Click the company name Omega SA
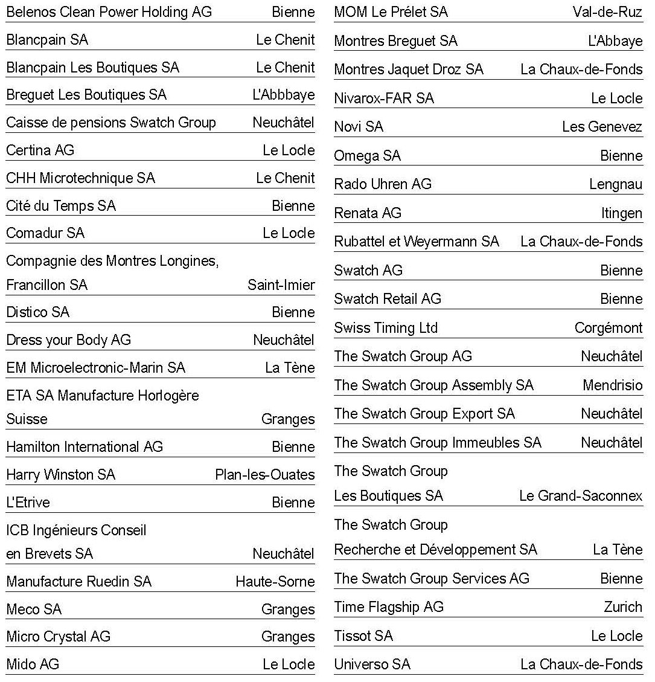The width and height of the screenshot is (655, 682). pyautogui.click(x=367, y=156)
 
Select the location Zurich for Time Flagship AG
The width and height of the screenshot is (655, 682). pyautogui.click(x=622, y=607)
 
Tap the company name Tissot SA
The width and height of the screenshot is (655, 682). pyautogui.click(x=363, y=636)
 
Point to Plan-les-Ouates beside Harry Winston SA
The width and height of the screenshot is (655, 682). pyautogui.click(x=264, y=475)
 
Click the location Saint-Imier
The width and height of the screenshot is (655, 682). pyautogui.click(x=281, y=285)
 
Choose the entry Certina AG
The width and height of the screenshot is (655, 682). pyautogui.click(x=40, y=150)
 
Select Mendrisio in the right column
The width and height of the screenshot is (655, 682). pyautogui.click(x=612, y=385)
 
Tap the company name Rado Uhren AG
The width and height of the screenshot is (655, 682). pyautogui.click(x=383, y=184)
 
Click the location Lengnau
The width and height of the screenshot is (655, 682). pyautogui.click(x=615, y=184)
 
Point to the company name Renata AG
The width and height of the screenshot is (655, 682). pyautogui.click(x=367, y=213)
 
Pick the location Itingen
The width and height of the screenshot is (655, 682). pyautogui.click(x=621, y=213)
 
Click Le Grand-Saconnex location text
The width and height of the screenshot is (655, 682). pyautogui.click(x=580, y=497)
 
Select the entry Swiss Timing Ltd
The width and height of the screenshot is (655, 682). pyautogui.click(x=386, y=328)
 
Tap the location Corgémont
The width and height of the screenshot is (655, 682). pyautogui.click(x=608, y=328)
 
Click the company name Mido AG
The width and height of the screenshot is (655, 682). pyautogui.click(x=33, y=664)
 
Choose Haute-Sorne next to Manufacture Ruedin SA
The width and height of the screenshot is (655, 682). pyautogui.click(x=275, y=582)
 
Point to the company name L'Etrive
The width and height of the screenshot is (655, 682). pyautogui.click(x=28, y=503)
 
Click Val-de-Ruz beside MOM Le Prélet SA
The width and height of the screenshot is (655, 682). pyautogui.click(x=607, y=12)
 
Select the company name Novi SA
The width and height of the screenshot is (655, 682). pyautogui.click(x=359, y=127)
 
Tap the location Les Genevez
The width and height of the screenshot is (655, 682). pyautogui.click(x=602, y=127)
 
